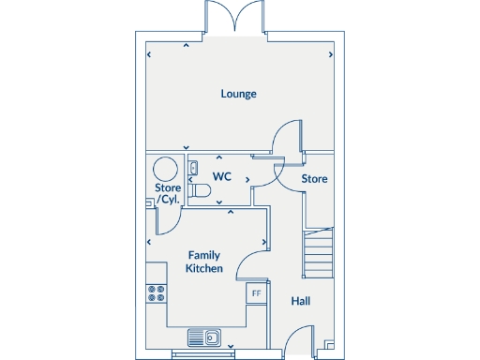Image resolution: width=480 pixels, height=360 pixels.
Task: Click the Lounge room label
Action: click(239, 94)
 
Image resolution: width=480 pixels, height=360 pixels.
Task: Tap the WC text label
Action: click(221, 176)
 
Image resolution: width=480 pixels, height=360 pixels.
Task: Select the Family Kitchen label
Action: click(204, 262)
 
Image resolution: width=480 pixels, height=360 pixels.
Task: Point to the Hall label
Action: click(300, 301)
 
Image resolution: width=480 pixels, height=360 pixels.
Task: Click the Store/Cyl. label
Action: click(168, 194)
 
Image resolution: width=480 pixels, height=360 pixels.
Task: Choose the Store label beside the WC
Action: click(314, 178)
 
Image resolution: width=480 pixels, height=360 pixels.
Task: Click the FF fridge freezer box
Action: click(254, 293)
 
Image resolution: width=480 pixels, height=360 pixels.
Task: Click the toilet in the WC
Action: click(198, 190)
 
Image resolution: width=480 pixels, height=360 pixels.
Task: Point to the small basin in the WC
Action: click(192, 169)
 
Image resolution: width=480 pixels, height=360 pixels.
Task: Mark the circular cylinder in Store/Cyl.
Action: click(166, 169)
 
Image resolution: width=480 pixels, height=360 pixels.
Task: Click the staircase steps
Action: click(319, 251)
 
